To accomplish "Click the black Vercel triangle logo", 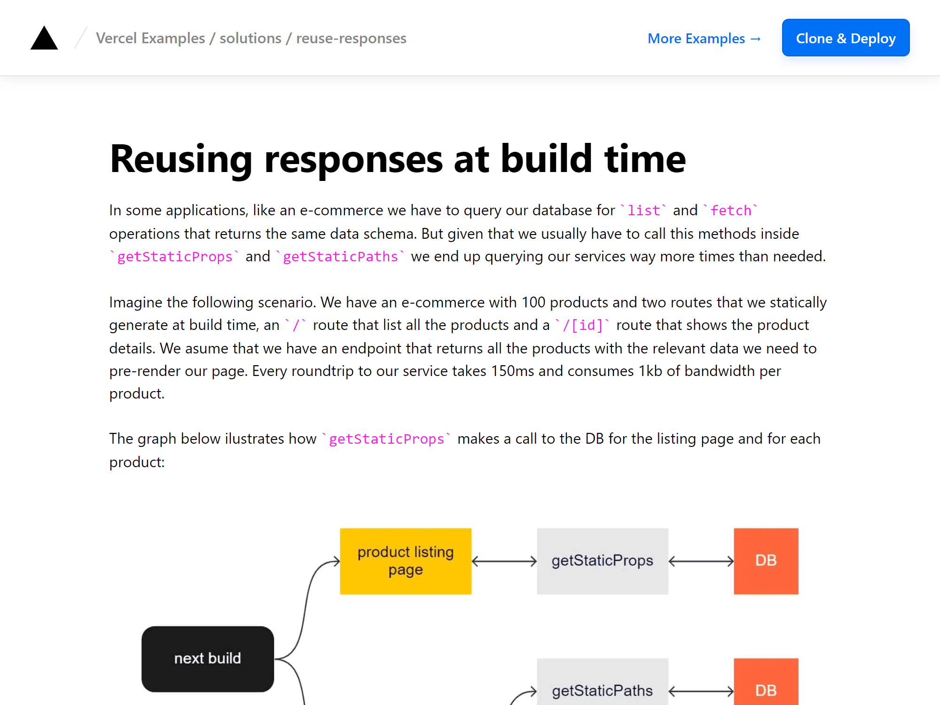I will tap(44, 38).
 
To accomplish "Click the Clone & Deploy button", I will tap(846, 38).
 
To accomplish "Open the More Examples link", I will tap(704, 39).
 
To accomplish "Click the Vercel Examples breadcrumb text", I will tap(150, 38).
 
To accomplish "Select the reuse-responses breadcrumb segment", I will tap(351, 38).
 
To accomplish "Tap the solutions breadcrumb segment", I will tap(251, 38).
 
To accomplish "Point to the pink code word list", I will tap(643, 211).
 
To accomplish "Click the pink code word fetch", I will tap(730, 211).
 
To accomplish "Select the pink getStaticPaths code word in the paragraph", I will tap(340, 257).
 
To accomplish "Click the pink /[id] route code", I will tap(582, 325).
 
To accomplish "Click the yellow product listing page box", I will tap(406, 561).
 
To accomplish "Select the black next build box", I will tap(208, 658).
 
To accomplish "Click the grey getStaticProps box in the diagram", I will tap(603, 561).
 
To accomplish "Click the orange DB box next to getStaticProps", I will tap(766, 561).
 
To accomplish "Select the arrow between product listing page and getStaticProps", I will tap(504, 561).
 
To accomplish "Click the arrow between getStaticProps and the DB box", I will tap(701, 561).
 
